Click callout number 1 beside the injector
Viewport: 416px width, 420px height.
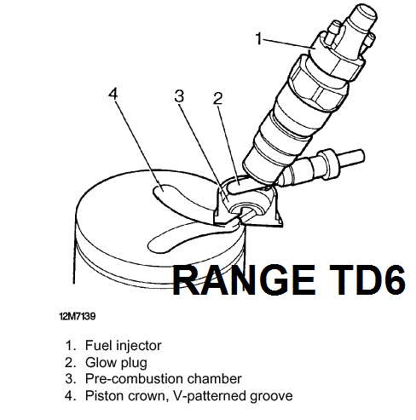tap(258, 38)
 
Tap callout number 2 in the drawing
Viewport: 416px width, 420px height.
tap(217, 99)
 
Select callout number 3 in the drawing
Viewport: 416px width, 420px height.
tap(179, 96)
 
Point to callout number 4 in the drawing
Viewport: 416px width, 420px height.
tap(113, 94)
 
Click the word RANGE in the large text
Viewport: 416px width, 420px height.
tap(244, 280)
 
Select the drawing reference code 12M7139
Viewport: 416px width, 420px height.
tap(78, 316)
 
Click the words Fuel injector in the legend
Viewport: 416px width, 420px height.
tap(124, 346)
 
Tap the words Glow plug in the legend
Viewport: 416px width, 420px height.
tap(116, 363)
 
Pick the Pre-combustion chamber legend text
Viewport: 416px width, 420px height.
tap(164, 379)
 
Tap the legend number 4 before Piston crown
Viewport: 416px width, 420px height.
tap(70, 396)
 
